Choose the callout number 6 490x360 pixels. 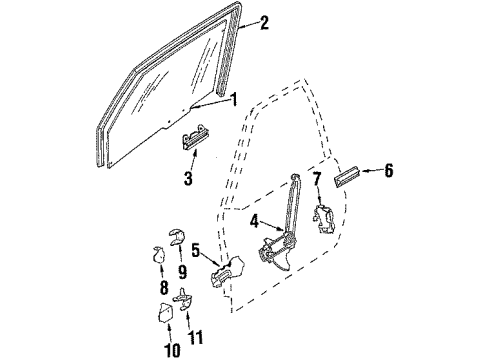click(388, 172)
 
